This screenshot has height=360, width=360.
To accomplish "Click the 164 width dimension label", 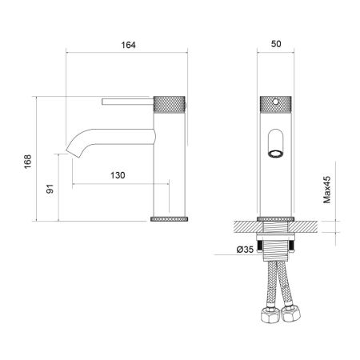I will [127, 46].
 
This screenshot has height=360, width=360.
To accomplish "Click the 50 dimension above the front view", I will [277, 46].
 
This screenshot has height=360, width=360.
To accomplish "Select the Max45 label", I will [327, 190].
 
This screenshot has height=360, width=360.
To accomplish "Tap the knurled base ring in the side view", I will [170, 218].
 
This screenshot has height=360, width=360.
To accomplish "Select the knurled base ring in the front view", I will [277, 218].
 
